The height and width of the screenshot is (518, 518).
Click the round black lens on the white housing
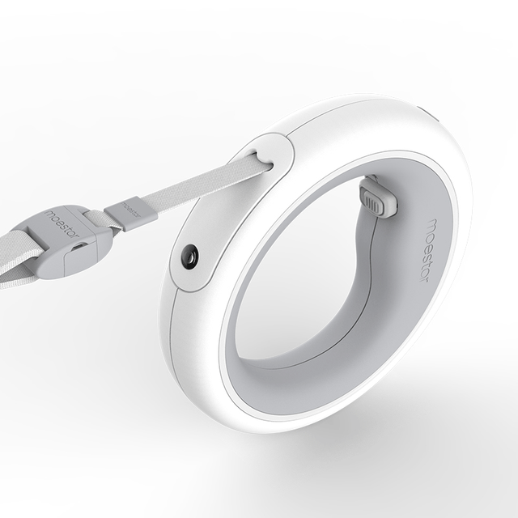pyautogui.click(x=191, y=256)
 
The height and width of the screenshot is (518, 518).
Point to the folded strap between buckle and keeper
pyautogui.click(x=99, y=218)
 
